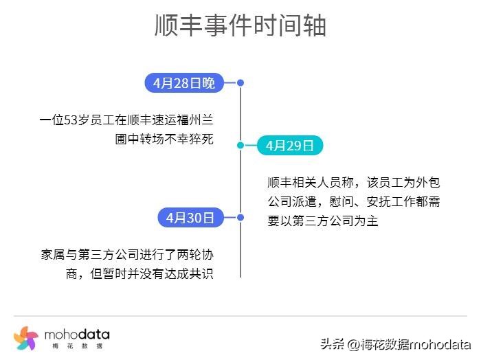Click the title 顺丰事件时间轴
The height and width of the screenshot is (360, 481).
tap(240, 26)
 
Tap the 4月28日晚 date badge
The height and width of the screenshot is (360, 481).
tap(184, 83)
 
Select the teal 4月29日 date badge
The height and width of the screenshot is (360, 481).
tap(289, 146)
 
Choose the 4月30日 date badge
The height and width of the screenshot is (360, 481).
tap(190, 218)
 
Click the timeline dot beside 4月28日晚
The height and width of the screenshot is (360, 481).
tap(240, 83)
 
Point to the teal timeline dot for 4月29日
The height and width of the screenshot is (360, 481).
tap(240, 146)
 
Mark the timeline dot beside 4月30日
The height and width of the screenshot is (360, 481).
tap(240, 218)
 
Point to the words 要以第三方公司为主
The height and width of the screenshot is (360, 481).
tap(322, 221)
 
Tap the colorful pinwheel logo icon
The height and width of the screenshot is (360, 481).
tap(25, 337)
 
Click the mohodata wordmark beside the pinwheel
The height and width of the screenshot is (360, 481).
tap(76, 334)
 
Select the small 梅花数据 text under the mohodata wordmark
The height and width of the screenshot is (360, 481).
tap(77, 346)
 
